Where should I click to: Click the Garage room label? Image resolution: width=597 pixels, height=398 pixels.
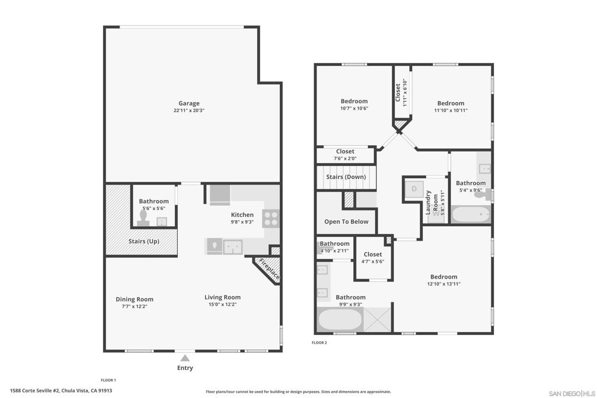(189, 103)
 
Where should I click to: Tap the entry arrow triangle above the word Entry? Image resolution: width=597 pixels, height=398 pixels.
(185, 358)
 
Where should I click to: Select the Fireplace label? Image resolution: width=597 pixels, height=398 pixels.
(269, 269)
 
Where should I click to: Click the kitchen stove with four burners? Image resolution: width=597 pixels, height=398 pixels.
(271, 219)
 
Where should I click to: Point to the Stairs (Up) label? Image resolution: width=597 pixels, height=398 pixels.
(144, 241)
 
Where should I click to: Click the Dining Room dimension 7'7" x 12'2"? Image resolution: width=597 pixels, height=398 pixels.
(135, 307)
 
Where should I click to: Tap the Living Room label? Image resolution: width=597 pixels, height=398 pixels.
(222, 297)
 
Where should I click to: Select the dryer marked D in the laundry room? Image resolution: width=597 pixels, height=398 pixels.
(414, 189)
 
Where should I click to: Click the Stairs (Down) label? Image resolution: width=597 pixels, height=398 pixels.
(346, 177)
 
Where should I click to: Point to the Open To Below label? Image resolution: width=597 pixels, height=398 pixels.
(346, 221)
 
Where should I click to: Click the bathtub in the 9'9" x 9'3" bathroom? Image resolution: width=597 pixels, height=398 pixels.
(340, 319)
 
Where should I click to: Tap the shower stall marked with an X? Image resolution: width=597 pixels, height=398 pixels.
(377, 319)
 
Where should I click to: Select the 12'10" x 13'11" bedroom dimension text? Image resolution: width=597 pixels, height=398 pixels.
(444, 283)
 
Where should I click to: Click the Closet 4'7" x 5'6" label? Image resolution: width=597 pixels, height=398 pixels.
(373, 257)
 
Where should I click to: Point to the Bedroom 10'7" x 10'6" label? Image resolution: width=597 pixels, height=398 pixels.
(354, 104)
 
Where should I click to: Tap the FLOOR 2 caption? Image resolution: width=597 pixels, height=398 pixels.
(319, 343)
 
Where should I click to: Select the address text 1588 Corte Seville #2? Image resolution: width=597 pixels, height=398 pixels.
(34, 390)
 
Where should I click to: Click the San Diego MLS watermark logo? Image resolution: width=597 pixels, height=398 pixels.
(572, 393)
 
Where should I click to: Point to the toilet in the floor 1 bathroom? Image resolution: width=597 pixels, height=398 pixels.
(143, 217)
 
